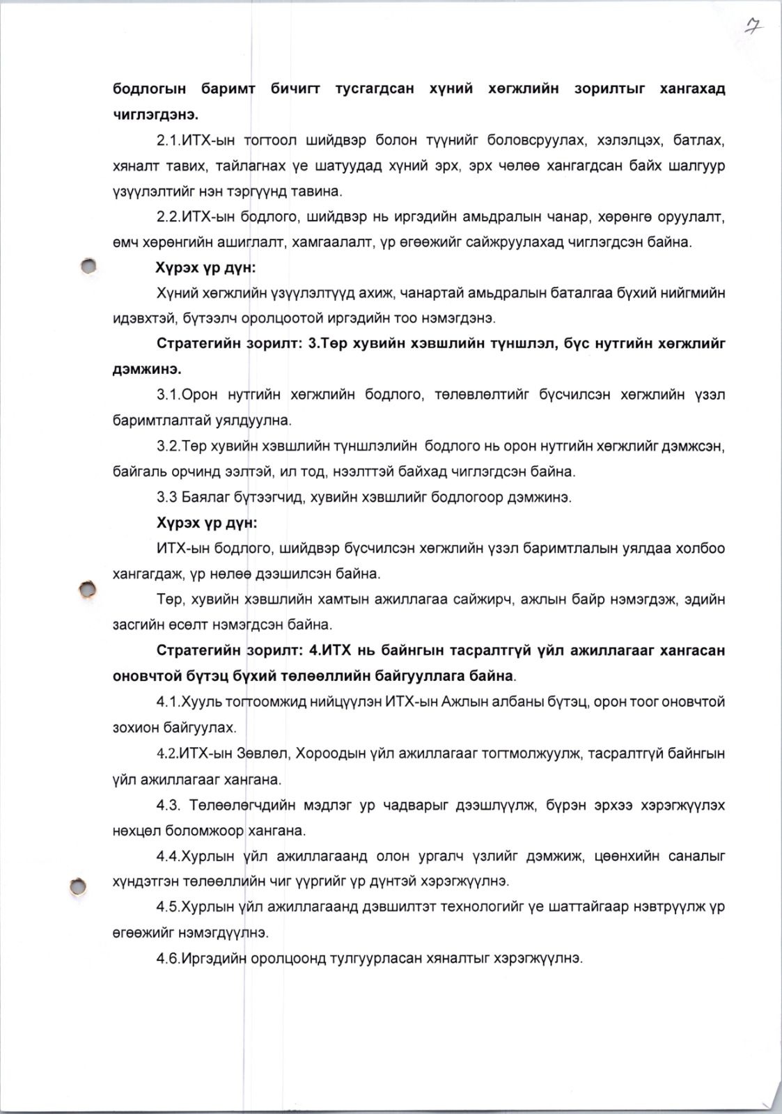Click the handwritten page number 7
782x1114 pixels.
coord(752,27)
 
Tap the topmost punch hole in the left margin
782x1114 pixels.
coord(87,265)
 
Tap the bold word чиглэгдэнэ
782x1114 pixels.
coord(155,115)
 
